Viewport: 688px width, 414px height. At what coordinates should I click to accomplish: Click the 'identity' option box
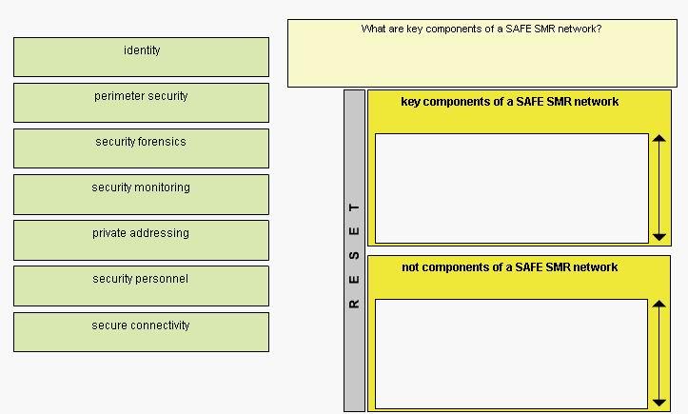point(141,57)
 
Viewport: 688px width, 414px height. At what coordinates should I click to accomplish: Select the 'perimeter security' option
point(141,103)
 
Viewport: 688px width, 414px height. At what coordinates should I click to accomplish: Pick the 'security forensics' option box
point(141,148)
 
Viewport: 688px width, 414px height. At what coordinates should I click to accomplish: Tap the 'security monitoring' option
point(141,194)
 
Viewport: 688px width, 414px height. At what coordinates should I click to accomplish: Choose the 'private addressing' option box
point(141,240)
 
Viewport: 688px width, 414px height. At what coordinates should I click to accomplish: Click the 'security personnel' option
point(141,286)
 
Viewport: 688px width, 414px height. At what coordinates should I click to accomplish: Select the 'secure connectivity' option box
point(141,332)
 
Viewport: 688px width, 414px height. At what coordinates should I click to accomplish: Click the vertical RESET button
point(355,250)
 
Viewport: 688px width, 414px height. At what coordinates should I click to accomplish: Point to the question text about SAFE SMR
point(482,29)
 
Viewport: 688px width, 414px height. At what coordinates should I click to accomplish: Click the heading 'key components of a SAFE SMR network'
point(510,102)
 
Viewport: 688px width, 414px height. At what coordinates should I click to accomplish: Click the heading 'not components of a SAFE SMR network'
point(510,266)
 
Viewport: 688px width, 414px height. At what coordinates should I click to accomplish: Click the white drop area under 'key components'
point(512,188)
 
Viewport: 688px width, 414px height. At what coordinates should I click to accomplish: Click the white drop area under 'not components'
point(511,354)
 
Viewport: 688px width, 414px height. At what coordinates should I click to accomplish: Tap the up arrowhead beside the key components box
point(659,138)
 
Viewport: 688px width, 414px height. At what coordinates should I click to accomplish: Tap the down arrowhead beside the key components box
point(659,237)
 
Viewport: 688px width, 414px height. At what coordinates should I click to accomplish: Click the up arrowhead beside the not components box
point(659,304)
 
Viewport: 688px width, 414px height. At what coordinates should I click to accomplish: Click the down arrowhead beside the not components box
point(659,403)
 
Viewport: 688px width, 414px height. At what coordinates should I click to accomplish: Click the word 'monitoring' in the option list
point(163,187)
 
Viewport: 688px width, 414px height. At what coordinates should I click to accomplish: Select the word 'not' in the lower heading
point(410,266)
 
